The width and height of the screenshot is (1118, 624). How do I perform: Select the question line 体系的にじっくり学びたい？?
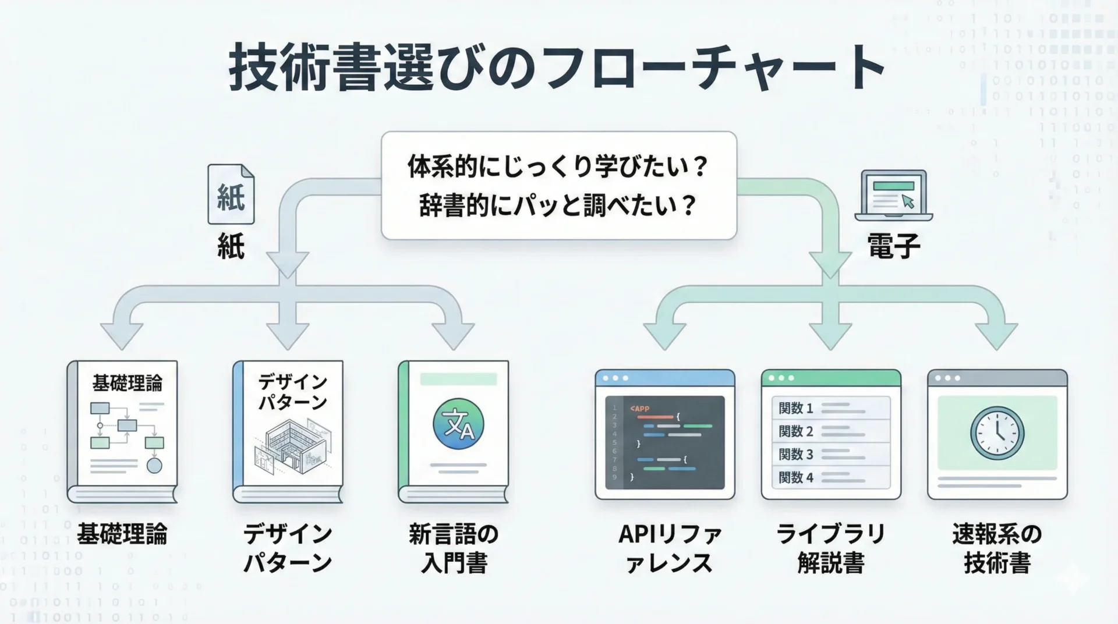(558, 166)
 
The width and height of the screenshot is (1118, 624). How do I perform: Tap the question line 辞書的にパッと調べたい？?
(558, 205)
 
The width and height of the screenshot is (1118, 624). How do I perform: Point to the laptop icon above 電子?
(893, 196)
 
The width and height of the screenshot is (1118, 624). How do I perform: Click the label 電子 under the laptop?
(894, 246)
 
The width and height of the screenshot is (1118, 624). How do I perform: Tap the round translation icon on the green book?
(458, 424)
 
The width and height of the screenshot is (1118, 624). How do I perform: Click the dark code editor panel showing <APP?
(665, 442)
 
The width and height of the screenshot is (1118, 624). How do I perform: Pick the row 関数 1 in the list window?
(831, 408)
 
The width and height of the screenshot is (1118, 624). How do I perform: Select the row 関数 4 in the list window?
(831, 477)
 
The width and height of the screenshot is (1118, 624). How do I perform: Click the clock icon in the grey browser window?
(997, 433)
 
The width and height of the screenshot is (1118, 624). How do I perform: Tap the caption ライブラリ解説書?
(831, 548)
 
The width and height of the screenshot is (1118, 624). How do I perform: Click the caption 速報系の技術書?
(997, 548)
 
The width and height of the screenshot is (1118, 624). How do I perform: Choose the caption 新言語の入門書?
(454, 548)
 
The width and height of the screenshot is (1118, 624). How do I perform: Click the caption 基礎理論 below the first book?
(122, 534)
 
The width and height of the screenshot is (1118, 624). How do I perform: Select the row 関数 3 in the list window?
(831, 454)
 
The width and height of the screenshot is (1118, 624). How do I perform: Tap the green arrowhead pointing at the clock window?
(996, 336)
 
